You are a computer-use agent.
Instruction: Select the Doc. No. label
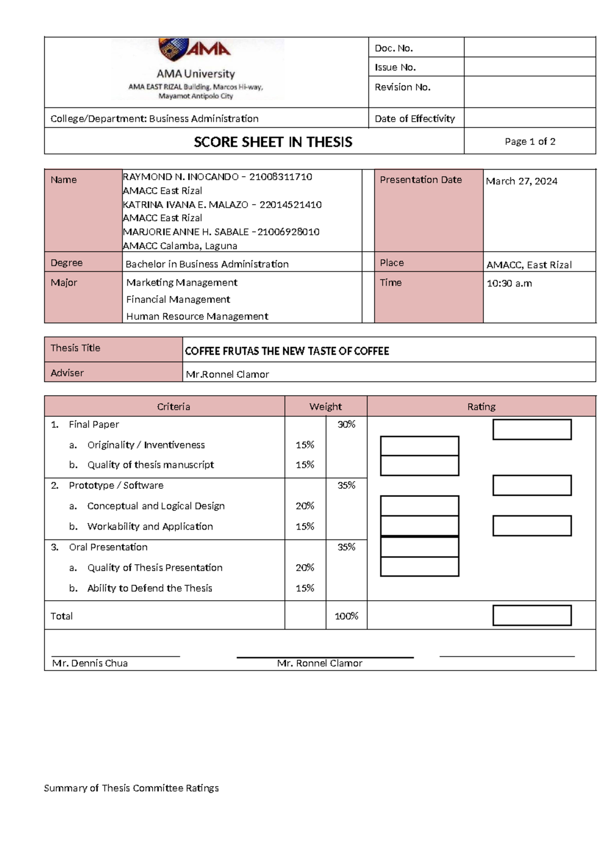(394, 48)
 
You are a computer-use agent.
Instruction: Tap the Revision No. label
(402, 87)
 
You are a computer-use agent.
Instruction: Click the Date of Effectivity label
(414, 119)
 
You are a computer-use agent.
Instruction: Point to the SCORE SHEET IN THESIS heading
(273, 142)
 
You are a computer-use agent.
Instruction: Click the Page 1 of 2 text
(529, 142)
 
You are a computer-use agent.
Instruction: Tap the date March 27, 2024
(521, 181)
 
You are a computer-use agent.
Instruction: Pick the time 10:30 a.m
(509, 284)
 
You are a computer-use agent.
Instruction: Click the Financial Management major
(178, 299)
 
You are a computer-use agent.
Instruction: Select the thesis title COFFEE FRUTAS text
(287, 351)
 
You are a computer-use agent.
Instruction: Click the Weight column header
(325, 407)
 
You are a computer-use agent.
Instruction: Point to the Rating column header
(481, 407)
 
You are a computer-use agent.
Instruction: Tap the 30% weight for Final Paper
(346, 424)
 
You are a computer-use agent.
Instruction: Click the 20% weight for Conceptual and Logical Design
(305, 506)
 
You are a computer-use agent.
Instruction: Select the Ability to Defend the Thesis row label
(149, 588)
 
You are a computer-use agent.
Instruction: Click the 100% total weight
(346, 616)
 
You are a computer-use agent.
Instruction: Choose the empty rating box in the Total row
(531, 615)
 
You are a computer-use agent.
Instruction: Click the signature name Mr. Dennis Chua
(90, 663)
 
